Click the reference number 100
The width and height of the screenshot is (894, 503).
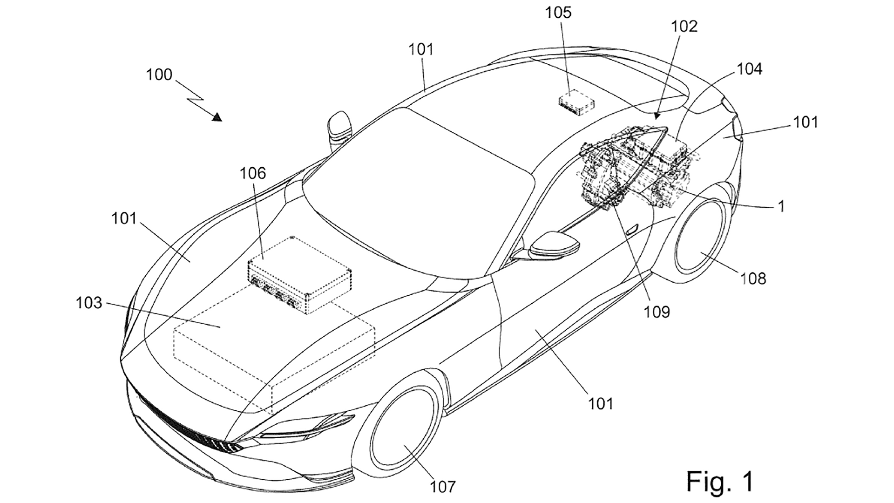(159, 75)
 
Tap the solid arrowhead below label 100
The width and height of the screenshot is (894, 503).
(217, 117)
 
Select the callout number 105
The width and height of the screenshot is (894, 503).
(559, 13)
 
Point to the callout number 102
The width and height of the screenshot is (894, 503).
(684, 27)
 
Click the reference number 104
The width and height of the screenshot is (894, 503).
(749, 69)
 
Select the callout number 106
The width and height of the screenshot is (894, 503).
(252, 173)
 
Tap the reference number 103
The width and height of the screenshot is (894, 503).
(89, 303)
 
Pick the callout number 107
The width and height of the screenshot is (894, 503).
(442, 487)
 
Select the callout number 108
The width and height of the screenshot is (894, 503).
(752, 279)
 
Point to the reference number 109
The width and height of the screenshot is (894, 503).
(657, 312)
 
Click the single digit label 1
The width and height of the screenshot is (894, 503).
(782, 206)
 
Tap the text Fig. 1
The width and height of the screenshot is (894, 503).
(720, 481)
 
